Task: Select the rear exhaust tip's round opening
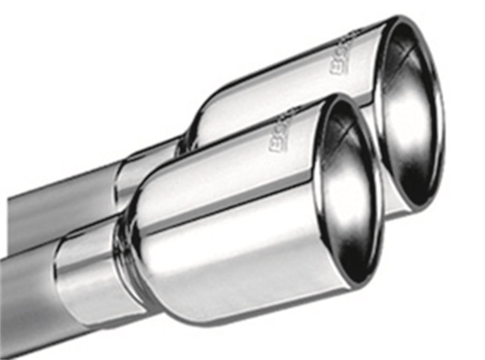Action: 409,112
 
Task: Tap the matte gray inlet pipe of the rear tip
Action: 60,204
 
